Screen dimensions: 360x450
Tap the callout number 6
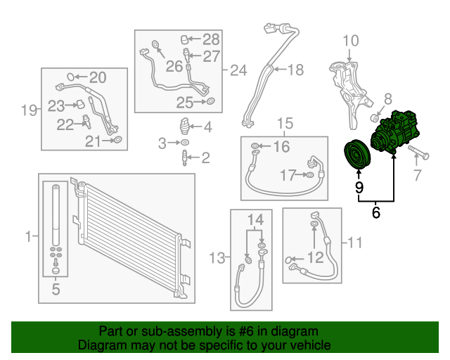[x=376, y=210]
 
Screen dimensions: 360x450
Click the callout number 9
[x=359, y=187]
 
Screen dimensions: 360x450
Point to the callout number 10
[x=350, y=41]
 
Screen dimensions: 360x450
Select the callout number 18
[x=295, y=69]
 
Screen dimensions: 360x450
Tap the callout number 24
[x=239, y=70]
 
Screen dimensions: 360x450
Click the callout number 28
[x=211, y=39]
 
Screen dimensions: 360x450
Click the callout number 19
[x=28, y=110]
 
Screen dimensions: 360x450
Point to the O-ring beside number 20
[x=70, y=77]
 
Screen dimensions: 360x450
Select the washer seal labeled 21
[x=117, y=142]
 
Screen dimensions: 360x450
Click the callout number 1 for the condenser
[x=28, y=237]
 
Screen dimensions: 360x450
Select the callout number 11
[x=354, y=243]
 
